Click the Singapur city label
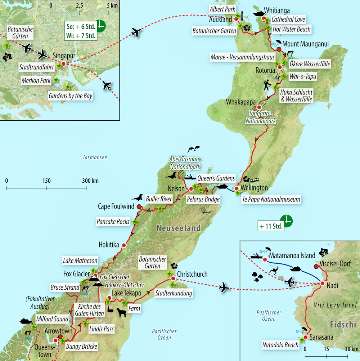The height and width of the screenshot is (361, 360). coord(64,56)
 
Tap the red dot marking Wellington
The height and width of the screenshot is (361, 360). coord(237,188)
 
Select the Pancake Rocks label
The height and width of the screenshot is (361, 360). coord(113,222)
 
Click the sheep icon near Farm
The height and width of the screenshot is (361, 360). coord(121,313)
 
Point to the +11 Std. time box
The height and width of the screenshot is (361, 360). coord(271,227)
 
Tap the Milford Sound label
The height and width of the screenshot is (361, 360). coord(52,319)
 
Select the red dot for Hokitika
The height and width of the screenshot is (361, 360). coord(124,245)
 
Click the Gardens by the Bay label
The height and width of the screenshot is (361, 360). coord(71,96)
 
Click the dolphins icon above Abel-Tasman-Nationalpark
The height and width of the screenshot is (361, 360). coord(193,149)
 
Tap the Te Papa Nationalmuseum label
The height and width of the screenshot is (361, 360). coord(270,199)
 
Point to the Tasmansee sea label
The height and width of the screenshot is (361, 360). coord(95,157)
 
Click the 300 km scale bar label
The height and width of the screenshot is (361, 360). coord(90,181)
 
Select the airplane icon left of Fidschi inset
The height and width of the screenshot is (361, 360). coord(224,288)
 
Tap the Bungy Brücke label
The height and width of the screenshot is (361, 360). coord(82,347)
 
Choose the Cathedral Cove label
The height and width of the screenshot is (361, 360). coord(288,19)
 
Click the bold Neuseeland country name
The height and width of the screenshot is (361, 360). coord(178,228)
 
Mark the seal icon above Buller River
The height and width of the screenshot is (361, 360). coord(136,197)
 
